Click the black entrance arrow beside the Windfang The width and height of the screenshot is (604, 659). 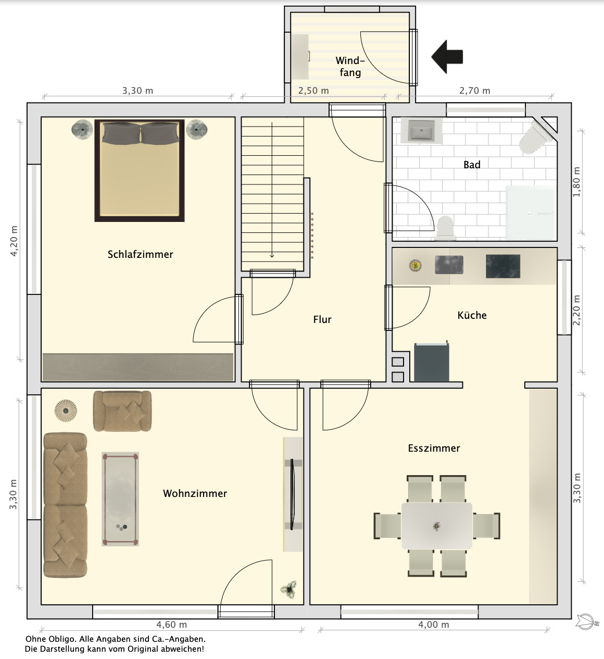pyautogui.click(x=447, y=57)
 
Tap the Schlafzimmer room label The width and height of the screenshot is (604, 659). pyautogui.click(x=140, y=254)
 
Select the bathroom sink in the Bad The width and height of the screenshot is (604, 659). pyautogui.click(x=421, y=131)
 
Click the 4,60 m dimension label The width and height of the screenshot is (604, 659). pyautogui.click(x=171, y=625)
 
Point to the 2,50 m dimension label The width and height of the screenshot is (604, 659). pyautogui.click(x=313, y=91)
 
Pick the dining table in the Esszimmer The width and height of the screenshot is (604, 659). pyautogui.click(x=436, y=526)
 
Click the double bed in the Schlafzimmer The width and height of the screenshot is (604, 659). pyautogui.click(x=139, y=170)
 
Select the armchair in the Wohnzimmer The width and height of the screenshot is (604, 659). pyautogui.click(x=122, y=411)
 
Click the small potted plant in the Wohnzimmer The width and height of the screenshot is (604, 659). pyautogui.click(x=288, y=590)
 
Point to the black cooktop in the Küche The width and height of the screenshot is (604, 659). pyautogui.click(x=503, y=266)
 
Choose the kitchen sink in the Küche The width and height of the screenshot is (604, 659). pyautogui.click(x=449, y=265)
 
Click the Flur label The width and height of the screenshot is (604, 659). pyautogui.click(x=322, y=319)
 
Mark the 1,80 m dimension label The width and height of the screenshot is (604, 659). pyautogui.click(x=576, y=182)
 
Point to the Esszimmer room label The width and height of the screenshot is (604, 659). pyautogui.click(x=434, y=448)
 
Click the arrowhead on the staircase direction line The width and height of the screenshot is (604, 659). pyautogui.click(x=272, y=256)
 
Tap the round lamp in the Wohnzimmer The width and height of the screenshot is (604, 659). pyautogui.click(x=66, y=411)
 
